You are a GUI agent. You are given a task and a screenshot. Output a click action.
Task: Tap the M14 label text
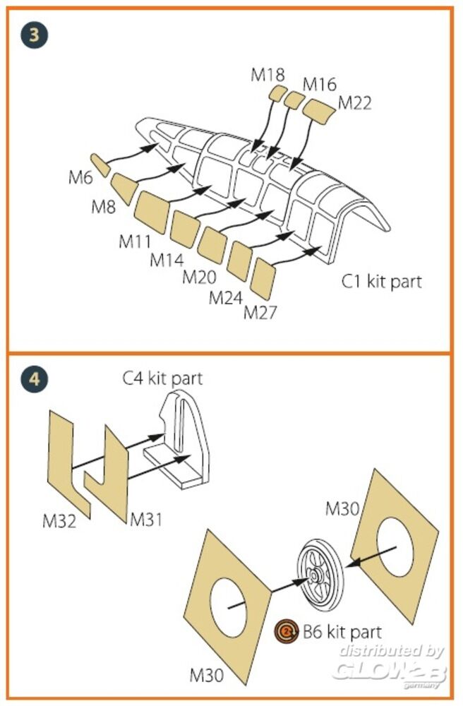click(x=167, y=259)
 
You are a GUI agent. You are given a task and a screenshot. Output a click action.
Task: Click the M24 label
click(x=226, y=297)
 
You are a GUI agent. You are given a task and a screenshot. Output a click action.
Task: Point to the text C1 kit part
click(x=382, y=282)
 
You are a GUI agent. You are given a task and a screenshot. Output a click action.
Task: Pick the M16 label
click(x=320, y=84)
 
